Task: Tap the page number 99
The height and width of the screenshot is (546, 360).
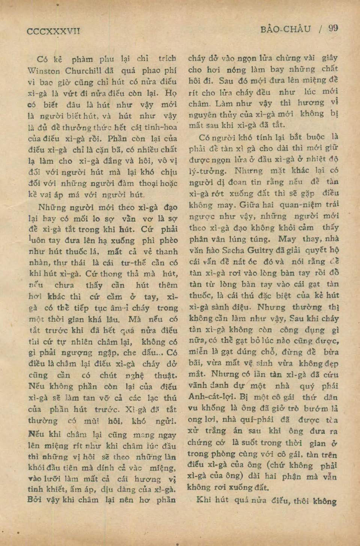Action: (333, 29)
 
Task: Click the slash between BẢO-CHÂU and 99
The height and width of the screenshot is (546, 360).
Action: (319, 29)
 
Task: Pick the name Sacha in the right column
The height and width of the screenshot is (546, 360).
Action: (233, 250)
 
